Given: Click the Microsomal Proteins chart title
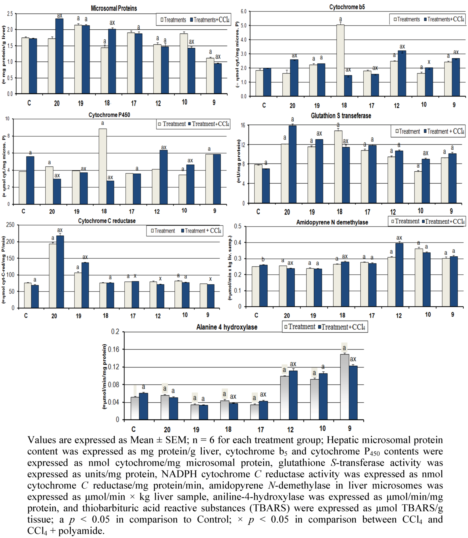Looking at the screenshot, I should (114, 8).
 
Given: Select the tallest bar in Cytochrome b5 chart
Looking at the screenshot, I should (340, 60).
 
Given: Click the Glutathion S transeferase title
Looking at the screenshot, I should (341, 116).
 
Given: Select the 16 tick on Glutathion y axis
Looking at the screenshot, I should (243, 126).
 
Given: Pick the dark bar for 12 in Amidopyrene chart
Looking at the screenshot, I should (399, 274).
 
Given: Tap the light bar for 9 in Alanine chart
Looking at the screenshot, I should (344, 387).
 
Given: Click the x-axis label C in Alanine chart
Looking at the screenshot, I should (134, 429).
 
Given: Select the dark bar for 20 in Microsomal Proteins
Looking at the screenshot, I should (59, 56).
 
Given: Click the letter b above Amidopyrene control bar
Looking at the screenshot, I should (263, 259).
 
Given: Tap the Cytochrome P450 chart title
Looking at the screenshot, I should (109, 115).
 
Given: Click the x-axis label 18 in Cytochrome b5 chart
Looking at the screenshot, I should (344, 105).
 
